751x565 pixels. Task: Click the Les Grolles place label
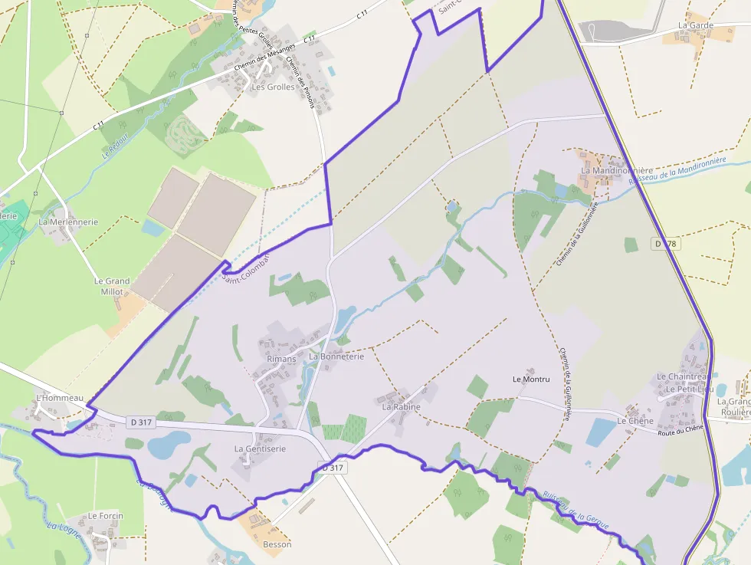pos(273,87)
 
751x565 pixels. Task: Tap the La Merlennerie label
pos(68,222)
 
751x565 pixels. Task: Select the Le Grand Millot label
pos(112,286)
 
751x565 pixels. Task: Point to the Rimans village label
pos(281,359)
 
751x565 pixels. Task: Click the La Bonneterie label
pos(336,356)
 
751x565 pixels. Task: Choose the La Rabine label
pos(402,407)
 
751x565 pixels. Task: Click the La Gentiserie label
pos(260,448)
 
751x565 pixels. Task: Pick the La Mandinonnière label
pos(616,170)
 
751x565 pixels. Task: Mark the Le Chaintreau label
pos(681,376)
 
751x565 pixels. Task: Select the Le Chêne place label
pos(635,421)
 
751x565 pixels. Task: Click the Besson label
pos(277,544)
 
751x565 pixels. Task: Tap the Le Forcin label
pos(105,516)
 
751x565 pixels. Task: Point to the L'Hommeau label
pos(60,398)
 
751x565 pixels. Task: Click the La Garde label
pos(695,25)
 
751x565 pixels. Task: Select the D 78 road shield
pos(667,243)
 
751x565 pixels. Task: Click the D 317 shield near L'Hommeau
pos(142,422)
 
